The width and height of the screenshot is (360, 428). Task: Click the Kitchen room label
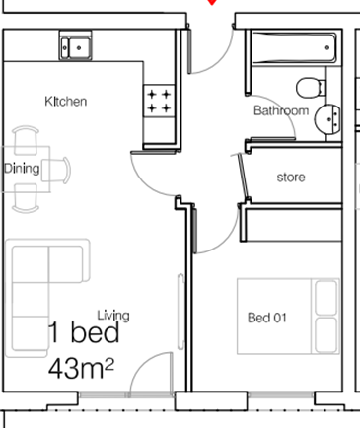point(67,102)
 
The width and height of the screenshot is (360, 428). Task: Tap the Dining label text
point(22,169)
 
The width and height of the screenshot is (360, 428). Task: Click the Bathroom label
point(281,111)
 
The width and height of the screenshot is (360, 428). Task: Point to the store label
point(290,178)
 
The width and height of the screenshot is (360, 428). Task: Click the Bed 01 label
point(266,317)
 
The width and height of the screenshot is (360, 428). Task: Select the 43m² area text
point(82,370)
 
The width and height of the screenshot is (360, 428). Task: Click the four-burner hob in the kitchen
point(160,101)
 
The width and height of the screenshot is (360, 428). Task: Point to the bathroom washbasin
point(328,118)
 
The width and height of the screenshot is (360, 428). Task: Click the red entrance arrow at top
point(209,3)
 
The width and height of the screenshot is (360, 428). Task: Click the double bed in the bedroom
point(288,316)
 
